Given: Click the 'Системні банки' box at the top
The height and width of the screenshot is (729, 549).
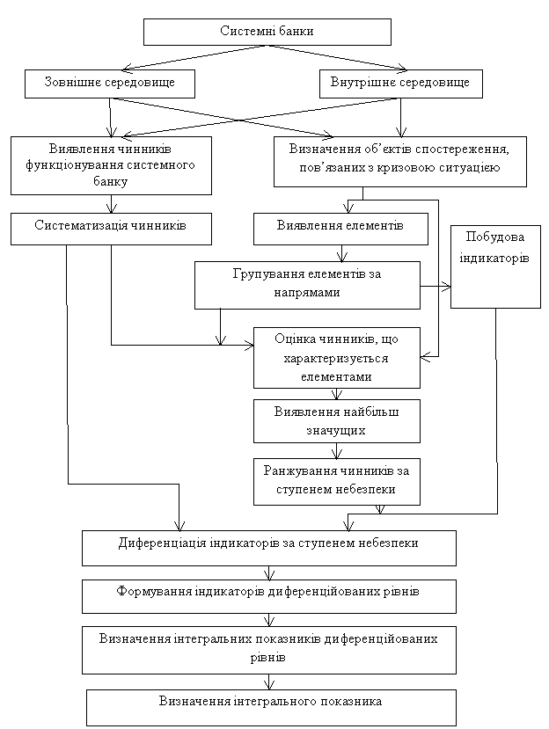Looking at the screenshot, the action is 267,32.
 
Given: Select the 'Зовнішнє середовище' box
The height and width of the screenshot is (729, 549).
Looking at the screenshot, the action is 110,84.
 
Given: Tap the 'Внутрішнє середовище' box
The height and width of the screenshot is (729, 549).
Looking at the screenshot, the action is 400,84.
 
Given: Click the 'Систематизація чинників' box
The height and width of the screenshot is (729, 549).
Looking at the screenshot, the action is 111,229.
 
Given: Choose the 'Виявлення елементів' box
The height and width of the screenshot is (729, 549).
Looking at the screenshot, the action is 340,229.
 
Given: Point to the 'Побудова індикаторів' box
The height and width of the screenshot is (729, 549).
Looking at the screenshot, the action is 495,266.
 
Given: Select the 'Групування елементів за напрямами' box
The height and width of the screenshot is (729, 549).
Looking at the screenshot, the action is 307,285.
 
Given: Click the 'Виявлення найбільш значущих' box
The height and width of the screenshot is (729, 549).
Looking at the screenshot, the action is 337,420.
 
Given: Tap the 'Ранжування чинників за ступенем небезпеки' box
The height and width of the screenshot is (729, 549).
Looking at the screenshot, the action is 337,482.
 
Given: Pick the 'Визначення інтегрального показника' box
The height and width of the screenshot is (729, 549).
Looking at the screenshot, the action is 271,708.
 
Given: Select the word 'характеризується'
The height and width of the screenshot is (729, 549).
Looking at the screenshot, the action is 336,359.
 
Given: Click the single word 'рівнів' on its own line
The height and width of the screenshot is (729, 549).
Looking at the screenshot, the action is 267,658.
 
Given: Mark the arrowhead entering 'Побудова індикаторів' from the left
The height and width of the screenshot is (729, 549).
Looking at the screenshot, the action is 446,287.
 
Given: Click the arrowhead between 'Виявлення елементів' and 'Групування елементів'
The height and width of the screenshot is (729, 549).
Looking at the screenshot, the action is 342,256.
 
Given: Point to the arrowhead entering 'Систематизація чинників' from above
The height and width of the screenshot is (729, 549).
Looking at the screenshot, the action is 111,208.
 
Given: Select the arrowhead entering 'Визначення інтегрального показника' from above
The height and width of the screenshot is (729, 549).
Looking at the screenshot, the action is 269,685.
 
